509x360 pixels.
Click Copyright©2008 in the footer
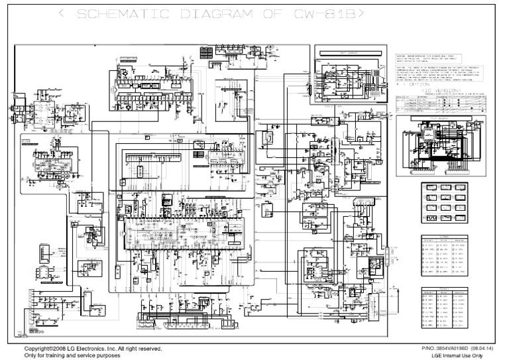pyautogui.click(x=48, y=348)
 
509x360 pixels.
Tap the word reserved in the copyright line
pyautogui.click(x=147, y=348)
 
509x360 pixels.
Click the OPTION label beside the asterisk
pyautogui.click(x=418, y=84)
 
